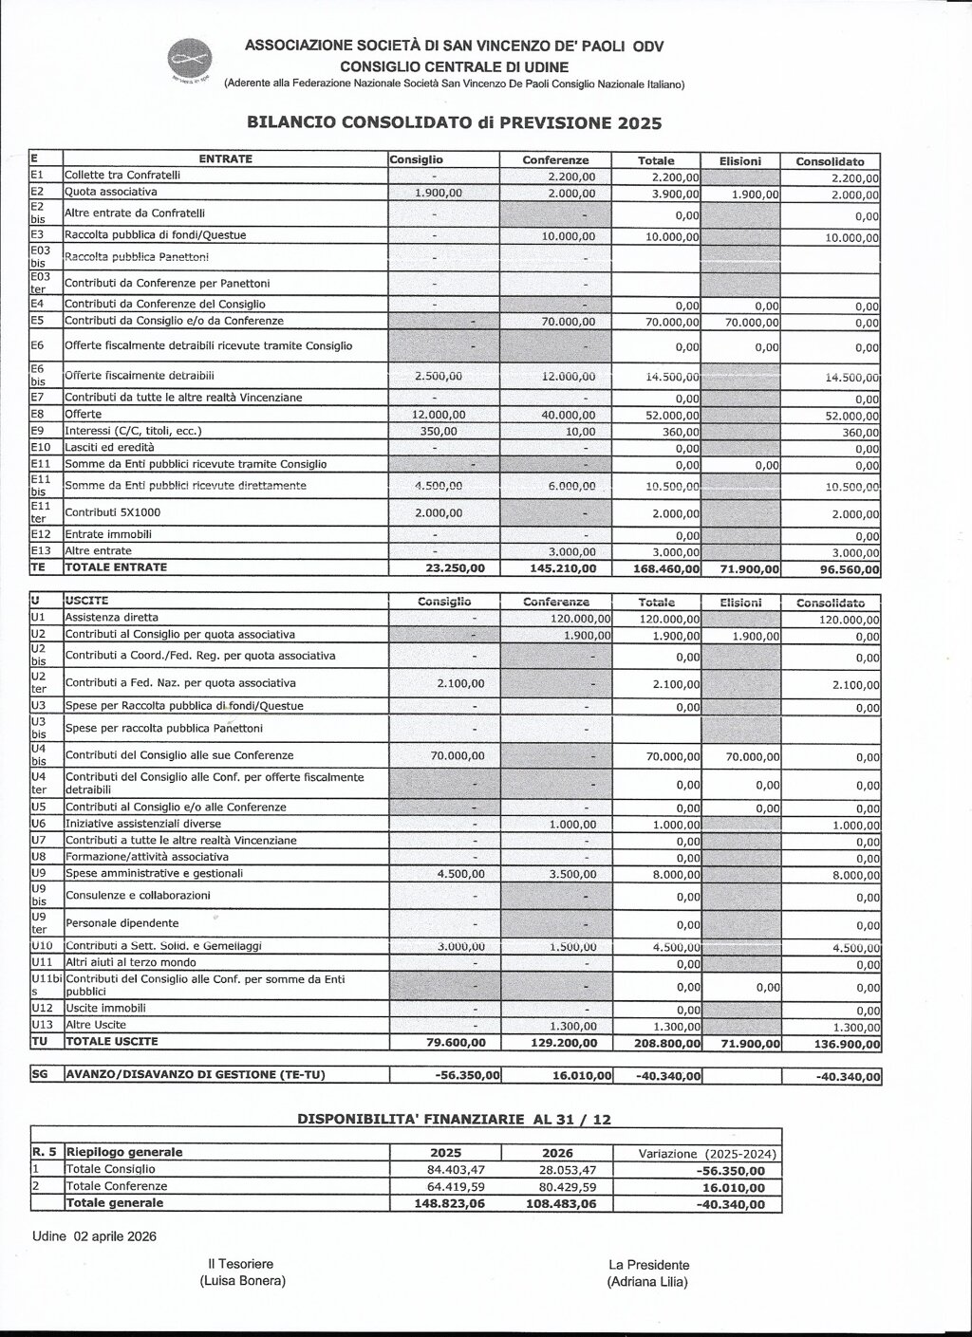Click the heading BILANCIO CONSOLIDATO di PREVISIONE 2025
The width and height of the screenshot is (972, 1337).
(454, 122)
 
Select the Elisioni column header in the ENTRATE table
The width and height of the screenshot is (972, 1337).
(739, 161)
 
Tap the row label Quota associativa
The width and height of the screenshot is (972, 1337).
(110, 192)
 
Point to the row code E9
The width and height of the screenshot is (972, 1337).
(40, 431)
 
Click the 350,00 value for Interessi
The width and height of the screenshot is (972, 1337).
(438, 431)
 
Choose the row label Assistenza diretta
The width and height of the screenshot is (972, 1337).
(108, 618)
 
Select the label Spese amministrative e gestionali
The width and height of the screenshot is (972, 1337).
(154, 873)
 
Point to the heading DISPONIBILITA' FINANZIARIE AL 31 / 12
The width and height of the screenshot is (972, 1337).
(454, 1120)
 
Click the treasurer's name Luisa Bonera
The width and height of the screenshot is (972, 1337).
(242, 1281)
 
